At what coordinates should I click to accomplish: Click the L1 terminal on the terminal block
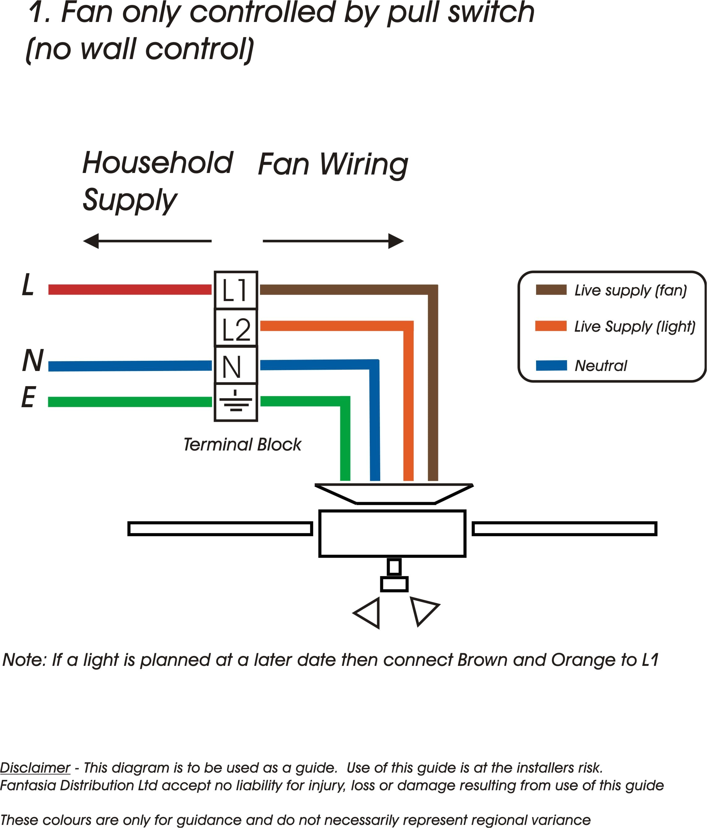click(236, 290)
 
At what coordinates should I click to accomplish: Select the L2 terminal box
click(236, 328)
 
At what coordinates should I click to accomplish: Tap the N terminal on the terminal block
click(236, 365)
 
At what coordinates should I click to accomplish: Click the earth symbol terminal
click(236, 402)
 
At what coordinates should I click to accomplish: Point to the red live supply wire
click(130, 289)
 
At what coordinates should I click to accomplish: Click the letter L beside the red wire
click(28, 285)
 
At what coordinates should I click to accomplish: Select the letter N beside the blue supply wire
click(33, 360)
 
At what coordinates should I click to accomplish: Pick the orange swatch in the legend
click(551, 326)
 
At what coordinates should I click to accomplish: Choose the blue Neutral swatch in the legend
click(551, 365)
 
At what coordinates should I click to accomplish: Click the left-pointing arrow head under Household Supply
click(91, 241)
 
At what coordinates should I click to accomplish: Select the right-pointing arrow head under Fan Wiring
click(396, 241)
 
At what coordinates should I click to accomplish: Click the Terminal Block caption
click(242, 444)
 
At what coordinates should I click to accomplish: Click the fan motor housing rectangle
click(392, 533)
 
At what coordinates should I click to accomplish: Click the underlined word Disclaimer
click(35, 768)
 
